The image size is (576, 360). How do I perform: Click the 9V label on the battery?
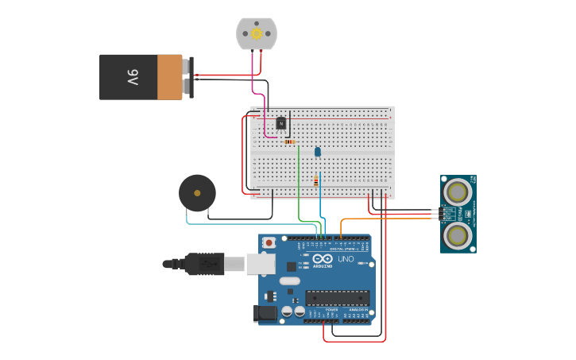click(x=132, y=77)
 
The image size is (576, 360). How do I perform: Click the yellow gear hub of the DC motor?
click(x=256, y=33)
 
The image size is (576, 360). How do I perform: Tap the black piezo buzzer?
click(x=197, y=192)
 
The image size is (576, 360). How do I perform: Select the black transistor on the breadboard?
click(x=280, y=123)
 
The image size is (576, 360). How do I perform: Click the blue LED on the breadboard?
click(x=318, y=151)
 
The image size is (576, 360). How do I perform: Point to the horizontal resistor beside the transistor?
click(x=290, y=141)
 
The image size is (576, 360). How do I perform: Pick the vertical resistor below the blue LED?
click(x=316, y=181)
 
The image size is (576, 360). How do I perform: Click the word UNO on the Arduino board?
click(x=346, y=259)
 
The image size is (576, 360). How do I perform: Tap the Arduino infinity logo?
click(x=323, y=259)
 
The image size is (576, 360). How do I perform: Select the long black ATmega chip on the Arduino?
click(x=338, y=298)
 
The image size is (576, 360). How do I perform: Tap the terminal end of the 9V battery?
click(x=189, y=77)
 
